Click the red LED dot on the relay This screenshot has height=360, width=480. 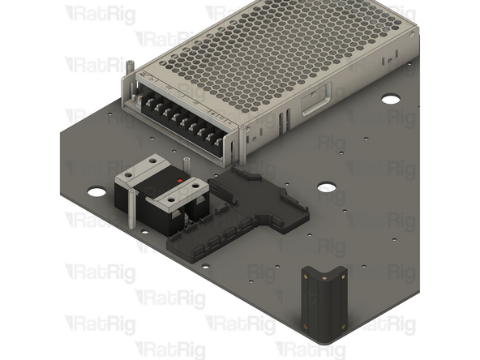coord(179,180)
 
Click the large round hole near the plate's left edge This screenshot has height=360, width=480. coord(96,192)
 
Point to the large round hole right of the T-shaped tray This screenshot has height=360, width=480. coord(327,187)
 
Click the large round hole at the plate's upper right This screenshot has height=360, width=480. coord(391,99)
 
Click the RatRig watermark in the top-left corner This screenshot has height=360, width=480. coord(100,14)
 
